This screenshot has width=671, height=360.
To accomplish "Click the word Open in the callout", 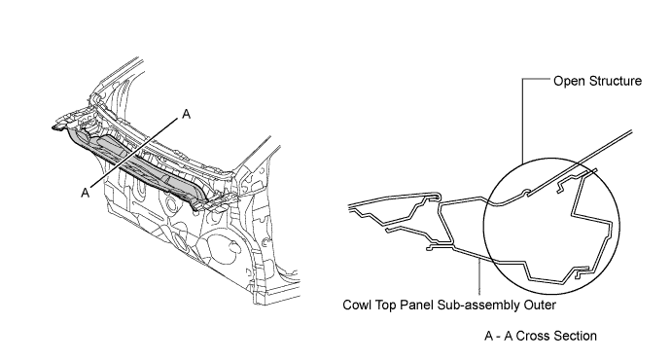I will [x=568, y=82].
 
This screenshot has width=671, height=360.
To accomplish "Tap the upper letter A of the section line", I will [x=185, y=115].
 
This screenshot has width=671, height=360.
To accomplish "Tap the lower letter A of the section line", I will [x=86, y=193].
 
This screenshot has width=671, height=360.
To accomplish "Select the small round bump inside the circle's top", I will [x=526, y=190].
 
